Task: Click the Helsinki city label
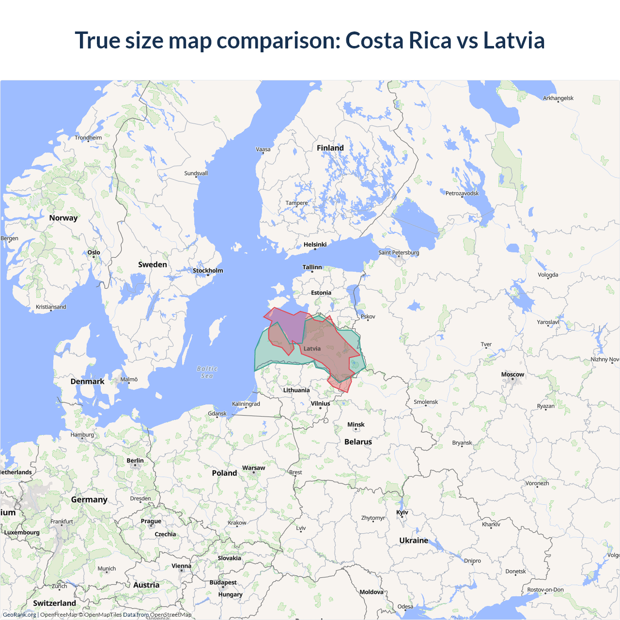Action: point(315,245)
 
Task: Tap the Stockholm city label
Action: point(208,271)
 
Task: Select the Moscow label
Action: point(512,374)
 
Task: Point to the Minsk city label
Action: point(356,425)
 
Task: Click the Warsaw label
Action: point(253,468)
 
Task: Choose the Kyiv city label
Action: point(402,512)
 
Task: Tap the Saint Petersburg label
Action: point(399,252)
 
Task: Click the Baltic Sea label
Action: point(207,372)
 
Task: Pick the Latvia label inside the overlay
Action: point(312,349)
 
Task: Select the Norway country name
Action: point(63,218)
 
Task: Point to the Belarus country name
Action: point(358,442)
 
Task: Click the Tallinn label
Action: point(312,267)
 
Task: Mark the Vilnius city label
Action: point(320,403)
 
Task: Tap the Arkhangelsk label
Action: point(558,98)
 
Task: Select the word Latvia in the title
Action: point(514,40)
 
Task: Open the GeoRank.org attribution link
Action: point(19,615)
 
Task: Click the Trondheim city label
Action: point(88,138)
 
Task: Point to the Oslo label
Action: point(94,252)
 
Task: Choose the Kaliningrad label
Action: point(246,404)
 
